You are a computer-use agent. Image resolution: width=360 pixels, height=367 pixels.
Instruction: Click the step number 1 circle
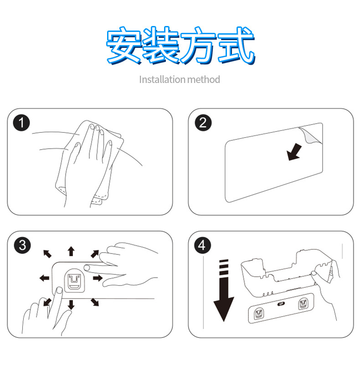pyautogui.click(x=21, y=123)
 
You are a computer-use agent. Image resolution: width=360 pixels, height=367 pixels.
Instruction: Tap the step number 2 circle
pyautogui.click(x=203, y=123)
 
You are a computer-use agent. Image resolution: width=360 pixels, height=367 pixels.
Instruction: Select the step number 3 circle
pyautogui.click(x=22, y=245)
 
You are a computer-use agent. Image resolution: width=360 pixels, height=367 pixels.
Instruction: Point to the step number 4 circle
pyautogui.click(x=202, y=245)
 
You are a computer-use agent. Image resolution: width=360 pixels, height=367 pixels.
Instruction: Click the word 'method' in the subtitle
pyautogui.click(x=204, y=80)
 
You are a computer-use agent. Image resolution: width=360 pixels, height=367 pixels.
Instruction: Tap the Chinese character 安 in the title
pyautogui.click(x=124, y=46)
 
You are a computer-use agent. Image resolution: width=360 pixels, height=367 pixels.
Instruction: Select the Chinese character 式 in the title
pyautogui.click(x=236, y=46)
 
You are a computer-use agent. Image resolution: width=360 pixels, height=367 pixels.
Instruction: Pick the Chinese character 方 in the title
pyautogui.click(x=198, y=46)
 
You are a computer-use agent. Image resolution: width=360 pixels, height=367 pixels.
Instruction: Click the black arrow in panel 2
pyautogui.click(x=294, y=152)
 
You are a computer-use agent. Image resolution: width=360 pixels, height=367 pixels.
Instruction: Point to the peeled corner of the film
pyautogui.click(x=311, y=135)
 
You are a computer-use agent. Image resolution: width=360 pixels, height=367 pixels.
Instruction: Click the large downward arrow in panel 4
pyautogui.click(x=224, y=290)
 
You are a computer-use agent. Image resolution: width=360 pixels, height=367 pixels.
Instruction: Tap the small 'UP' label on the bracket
pyautogui.click(x=281, y=304)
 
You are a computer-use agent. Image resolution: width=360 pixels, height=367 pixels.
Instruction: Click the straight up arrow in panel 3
pyautogui.click(x=71, y=251)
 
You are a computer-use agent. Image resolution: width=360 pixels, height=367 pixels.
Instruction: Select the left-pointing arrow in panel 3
pyautogui.click(x=45, y=278)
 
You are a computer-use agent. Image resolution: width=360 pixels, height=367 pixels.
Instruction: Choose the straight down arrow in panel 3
pyautogui.click(x=71, y=305)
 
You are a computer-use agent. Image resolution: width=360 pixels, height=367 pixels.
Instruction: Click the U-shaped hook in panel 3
pyautogui.click(x=74, y=281)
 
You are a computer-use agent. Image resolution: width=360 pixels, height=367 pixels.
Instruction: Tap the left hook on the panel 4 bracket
pyautogui.click(x=259, y=313)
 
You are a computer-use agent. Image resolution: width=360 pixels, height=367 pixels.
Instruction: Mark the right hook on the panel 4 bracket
pyautogui.click(x=303, y=304)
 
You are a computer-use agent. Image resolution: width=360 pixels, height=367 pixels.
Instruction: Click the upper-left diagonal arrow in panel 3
pyautogui.click(x=47, y=254)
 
